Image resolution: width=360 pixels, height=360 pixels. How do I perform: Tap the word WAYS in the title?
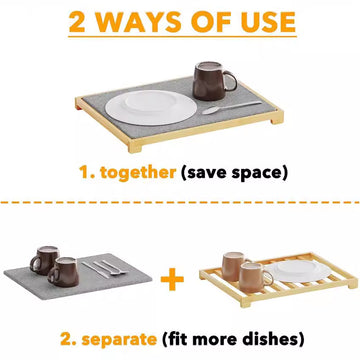(140, 22)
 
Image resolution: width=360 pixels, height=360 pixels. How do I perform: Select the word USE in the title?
(264, 22)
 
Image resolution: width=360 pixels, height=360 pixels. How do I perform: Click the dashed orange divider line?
(180, 203)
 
